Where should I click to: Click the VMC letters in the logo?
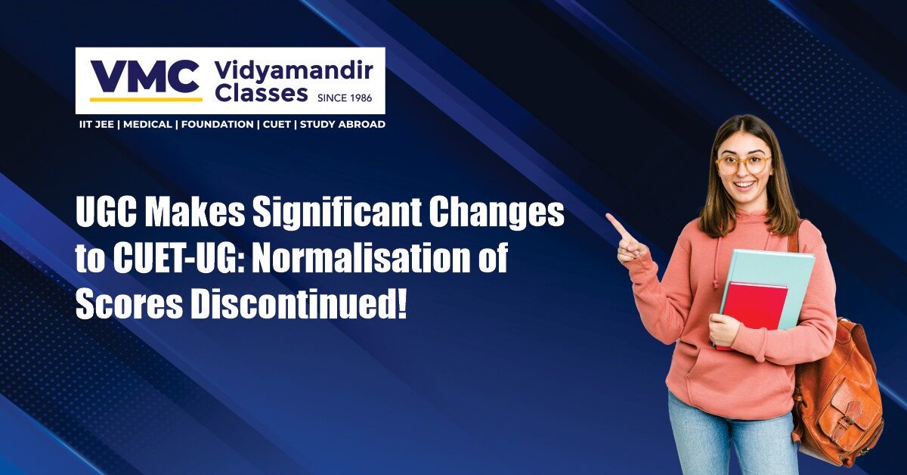(145, 76)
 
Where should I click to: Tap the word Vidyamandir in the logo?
(294, 70)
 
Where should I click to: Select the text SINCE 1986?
(345, 98)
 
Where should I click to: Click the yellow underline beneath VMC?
(146, 99)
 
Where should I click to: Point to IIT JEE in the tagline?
(97, 125)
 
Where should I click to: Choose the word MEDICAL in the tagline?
(147, 125)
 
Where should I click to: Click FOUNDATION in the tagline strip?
(218, 125)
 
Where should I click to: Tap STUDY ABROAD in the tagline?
(342, 125)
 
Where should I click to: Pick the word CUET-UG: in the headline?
(180, 259)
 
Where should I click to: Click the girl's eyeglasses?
(744, 165)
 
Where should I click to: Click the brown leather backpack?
(838, 385)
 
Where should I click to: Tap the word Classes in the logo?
(262, 94)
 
